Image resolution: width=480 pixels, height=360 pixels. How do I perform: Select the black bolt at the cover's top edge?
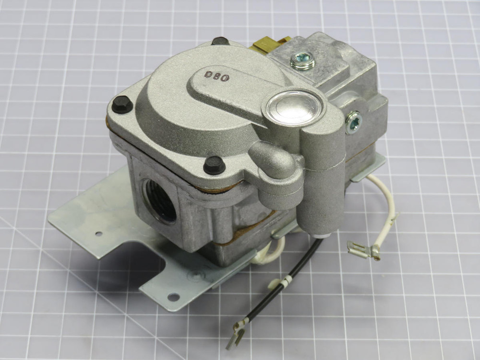pyautogui.click(x=220, y=41)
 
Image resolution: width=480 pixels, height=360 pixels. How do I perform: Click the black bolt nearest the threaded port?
pyautogui.click(x=214, y=165)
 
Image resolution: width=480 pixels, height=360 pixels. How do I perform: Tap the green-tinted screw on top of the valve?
pyautogui.click(x=302, y=61)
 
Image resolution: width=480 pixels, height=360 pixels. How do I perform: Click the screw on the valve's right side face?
pyautogui.click(x=354, y=122)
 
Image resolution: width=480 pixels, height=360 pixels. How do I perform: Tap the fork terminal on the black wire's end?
pyautogui.click(x=235, y=335)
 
